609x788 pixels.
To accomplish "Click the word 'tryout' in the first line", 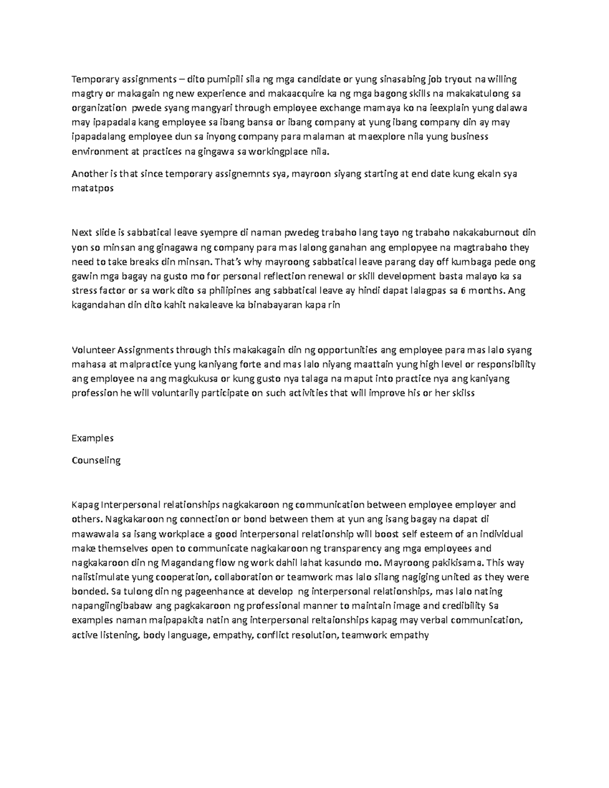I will [x=458, y=79].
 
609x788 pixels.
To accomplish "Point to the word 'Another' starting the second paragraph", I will [x=89, y=174].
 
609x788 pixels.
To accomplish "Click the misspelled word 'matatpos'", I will [x=93, y=188].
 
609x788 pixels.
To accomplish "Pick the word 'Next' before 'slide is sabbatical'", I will [x=82, y=233].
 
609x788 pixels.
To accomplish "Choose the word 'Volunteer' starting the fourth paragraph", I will [x=94, y=350].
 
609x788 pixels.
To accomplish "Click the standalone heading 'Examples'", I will [x=92, y=438].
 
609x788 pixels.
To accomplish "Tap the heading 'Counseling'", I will [x=96, y=460].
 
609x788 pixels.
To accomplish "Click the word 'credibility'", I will [x=463, y=606].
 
